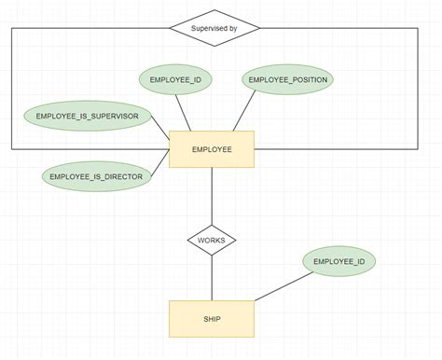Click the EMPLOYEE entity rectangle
click(x=212, y=149)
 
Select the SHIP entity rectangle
click(x=212, y=318)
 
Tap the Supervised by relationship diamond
click(x=214, y=28)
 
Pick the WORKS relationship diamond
click(x=212, y=241)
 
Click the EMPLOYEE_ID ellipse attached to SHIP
click(x=339, y=262)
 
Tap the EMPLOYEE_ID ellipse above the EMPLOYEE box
click(x=176, y=81)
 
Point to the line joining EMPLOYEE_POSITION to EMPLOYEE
click(x=243, y=113)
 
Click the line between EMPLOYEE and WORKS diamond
click(x=212, y=196)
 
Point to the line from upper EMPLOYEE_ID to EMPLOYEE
click(x=185, y=115)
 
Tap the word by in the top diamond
click(x=233, y=28)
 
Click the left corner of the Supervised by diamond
click(x=171, y=28)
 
